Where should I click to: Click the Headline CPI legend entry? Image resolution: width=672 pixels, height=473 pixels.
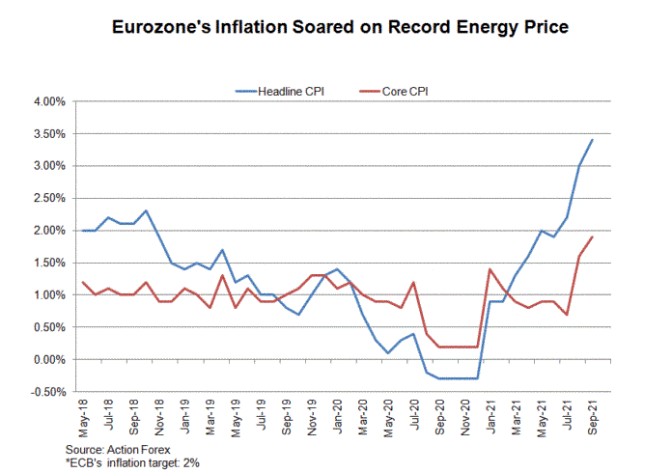click(x=279, y=92)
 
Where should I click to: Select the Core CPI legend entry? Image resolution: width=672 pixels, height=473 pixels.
click(x=393, y=92)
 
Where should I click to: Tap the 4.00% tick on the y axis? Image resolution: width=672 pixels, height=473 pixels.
click(x=49, y=102)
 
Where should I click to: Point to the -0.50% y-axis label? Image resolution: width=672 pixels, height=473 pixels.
click(x=48, y=392)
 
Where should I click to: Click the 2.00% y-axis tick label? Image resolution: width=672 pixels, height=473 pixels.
click(x=49, y=231)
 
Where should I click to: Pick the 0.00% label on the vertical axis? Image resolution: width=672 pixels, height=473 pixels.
click(x=49, y=360)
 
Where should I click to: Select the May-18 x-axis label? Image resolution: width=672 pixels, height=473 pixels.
click(x=83, y=418)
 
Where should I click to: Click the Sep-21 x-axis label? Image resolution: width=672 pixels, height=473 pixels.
click(x=592, y=417)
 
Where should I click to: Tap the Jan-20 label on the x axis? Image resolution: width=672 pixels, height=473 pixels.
click(x=338, y=416)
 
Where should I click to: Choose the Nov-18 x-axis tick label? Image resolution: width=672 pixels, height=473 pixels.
click(x=159, y=418)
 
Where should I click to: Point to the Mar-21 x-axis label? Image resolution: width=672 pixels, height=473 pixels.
click(x=516, y=418)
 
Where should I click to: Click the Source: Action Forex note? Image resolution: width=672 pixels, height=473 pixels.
click(x=118, y=450)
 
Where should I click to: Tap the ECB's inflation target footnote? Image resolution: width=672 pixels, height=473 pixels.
click(x=132, y=463)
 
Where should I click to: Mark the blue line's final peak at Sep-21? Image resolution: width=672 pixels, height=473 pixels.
click(x=592, y=140)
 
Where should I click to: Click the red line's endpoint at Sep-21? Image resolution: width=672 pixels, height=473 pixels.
click(x=592, y=236)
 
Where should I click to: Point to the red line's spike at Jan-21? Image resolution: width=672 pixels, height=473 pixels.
click(x=490, y=269)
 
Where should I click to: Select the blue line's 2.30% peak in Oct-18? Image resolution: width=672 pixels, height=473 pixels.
click(x=147, y=210)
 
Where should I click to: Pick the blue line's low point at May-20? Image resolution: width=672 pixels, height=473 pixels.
click(x=388, y=353)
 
